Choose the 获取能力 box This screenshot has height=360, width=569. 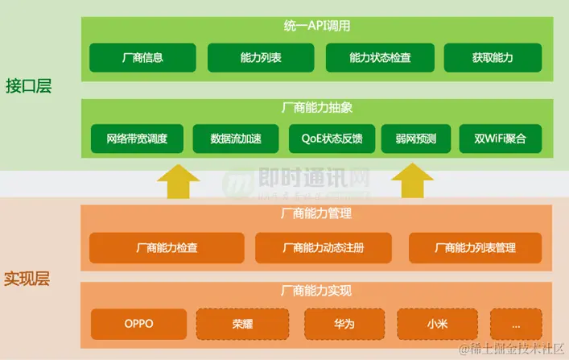(493, 58)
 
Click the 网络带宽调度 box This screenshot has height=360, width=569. (137, 139)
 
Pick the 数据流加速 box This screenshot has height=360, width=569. (236, 139)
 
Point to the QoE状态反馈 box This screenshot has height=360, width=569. (332, 139)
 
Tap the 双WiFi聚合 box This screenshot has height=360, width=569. (500, 139)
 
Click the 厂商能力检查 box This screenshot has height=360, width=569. (167, 248)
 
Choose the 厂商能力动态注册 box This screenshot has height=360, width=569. (323, 248)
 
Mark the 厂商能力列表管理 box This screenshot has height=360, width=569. (475, 248)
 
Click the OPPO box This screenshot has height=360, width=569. (138, 325)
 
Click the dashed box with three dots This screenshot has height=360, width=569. (516, 325)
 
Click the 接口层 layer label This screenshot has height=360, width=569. (28, 86)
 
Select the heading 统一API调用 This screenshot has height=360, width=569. (317, 26)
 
